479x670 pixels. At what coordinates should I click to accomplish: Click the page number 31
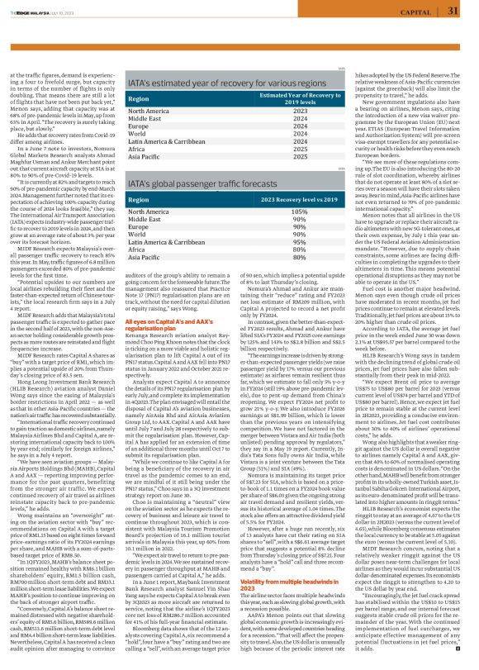[453, 11]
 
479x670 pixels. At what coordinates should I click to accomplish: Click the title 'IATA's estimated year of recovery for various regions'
[227, 83]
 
